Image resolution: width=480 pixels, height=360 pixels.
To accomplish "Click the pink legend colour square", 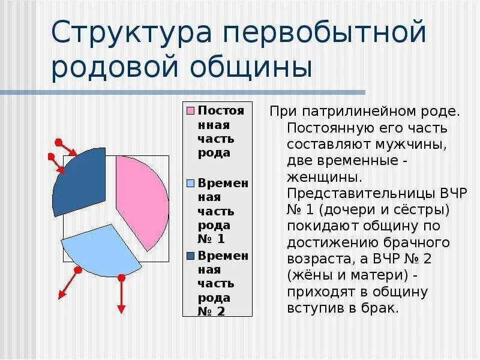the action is pos(190,111).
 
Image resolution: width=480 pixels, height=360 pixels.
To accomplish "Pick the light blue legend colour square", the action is pos(190,183).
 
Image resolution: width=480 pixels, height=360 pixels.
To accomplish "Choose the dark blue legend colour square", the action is pos(190,256).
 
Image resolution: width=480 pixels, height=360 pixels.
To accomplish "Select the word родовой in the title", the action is pos(121,67).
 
